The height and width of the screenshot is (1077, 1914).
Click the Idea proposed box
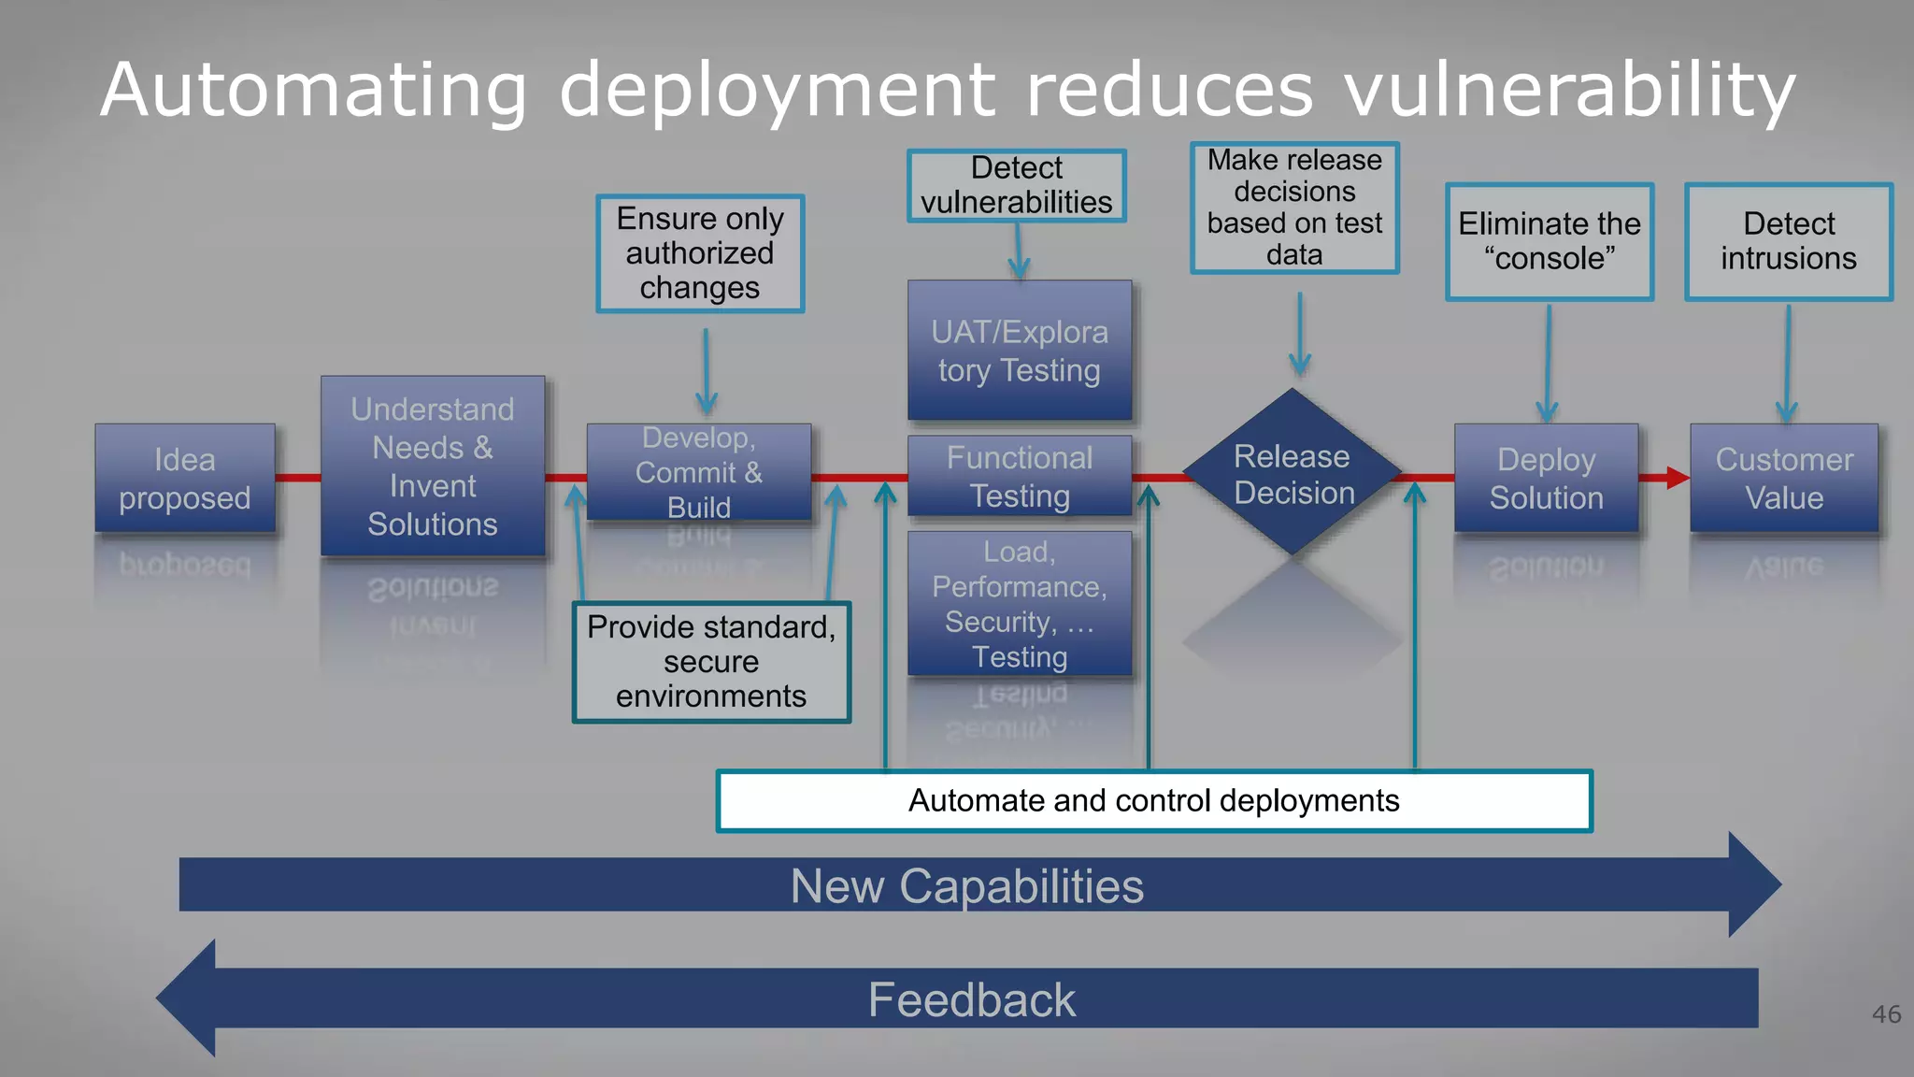(185, 478)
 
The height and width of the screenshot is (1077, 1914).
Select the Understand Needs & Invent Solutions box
(433, 466)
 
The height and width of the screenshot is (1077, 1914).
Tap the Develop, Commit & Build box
(699, 472)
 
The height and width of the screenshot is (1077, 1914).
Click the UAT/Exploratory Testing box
(1020, 351)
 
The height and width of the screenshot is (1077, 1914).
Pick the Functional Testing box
(1020, 476)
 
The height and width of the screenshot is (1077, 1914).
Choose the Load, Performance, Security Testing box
(1020, 604)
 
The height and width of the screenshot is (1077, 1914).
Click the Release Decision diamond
(1293, 474)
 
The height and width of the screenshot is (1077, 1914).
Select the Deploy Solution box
(1546, 478)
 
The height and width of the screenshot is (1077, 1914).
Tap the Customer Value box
(1784, 478)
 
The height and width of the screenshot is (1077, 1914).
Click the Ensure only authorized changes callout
(700, 253)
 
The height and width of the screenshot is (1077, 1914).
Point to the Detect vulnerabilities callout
(1017, 186)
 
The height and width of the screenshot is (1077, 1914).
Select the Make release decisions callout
(1294, 208)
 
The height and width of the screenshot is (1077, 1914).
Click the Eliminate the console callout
(1550, 241)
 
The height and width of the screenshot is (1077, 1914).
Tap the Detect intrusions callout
(1789, 241)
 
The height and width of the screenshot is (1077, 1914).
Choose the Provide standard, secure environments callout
(711, 662)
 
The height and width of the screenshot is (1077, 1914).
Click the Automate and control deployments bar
(1154, 801)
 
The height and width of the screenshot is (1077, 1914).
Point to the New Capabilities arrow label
(966, 885)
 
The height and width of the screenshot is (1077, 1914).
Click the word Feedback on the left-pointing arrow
(972, 999)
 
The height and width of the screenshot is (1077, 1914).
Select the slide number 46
(1886, 1014)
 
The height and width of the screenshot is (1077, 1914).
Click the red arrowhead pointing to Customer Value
(1677, 478)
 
